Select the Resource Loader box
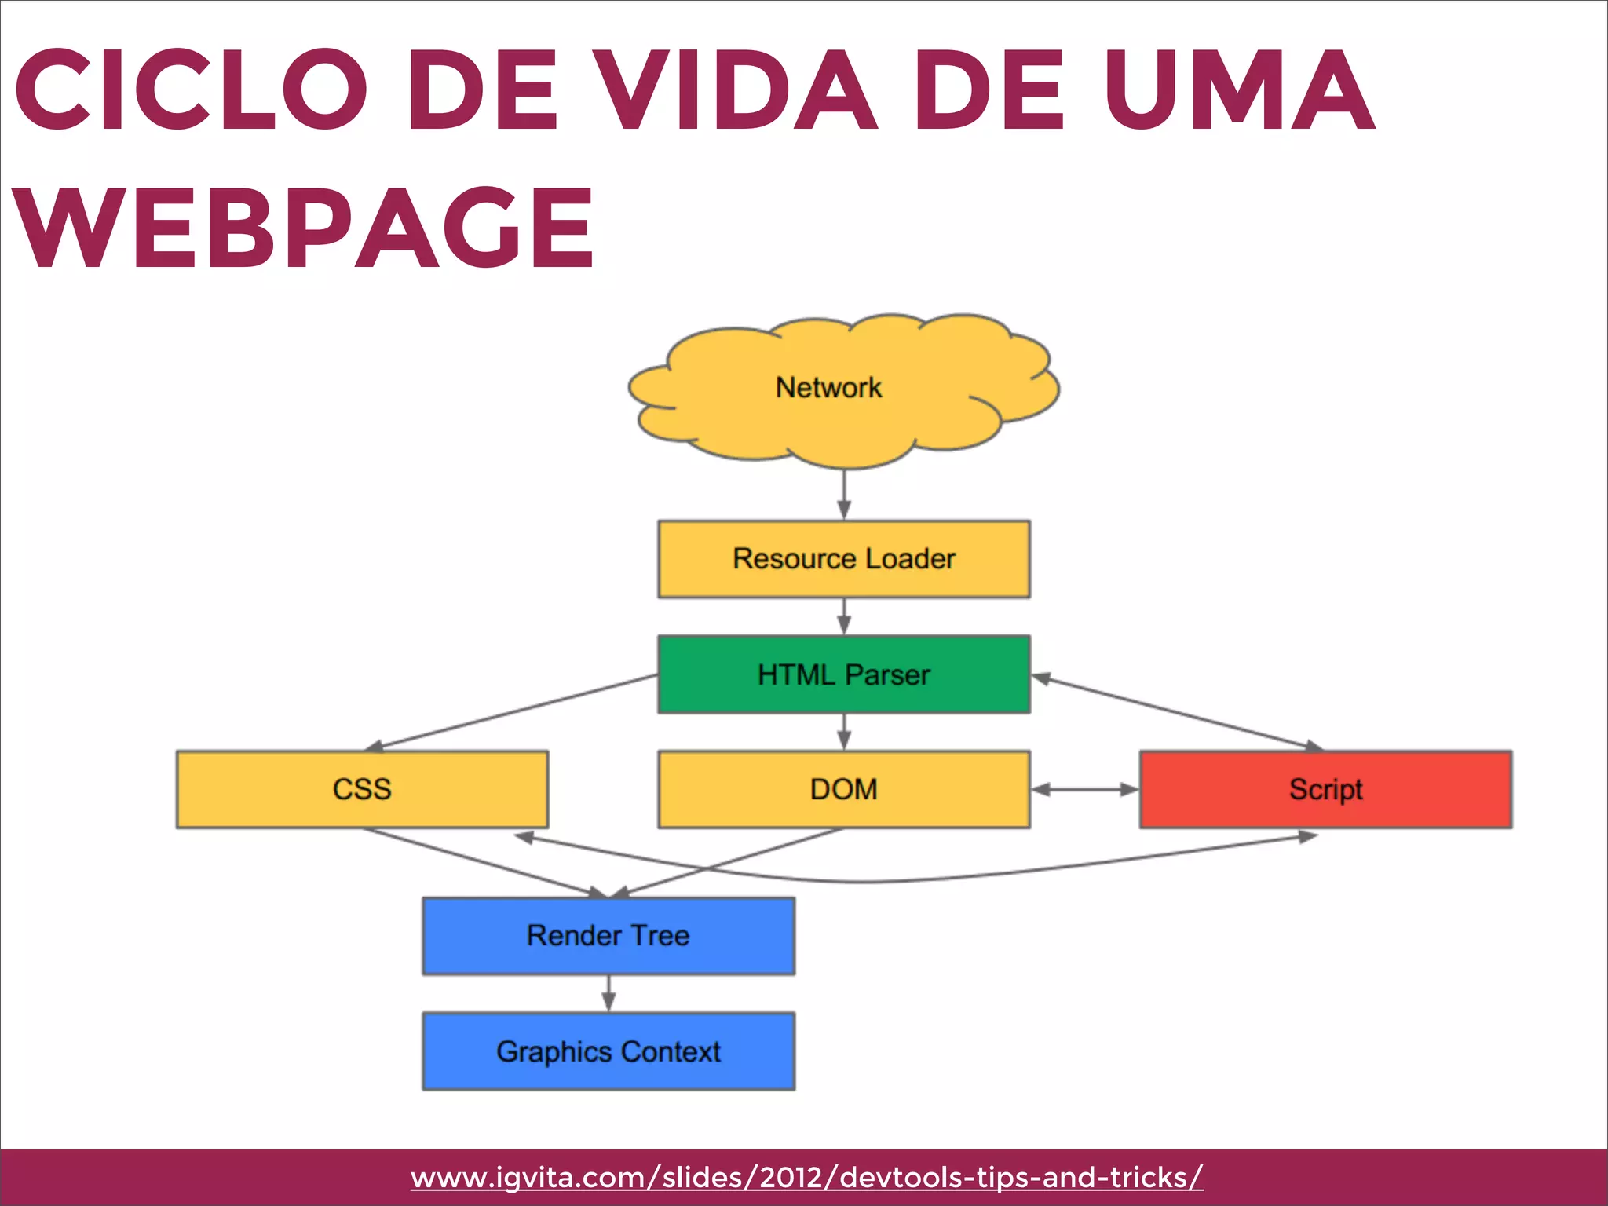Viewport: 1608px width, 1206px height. click(843, 559)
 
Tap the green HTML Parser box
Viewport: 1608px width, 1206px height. click(843, 674)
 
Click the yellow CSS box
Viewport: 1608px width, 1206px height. click(362, 789)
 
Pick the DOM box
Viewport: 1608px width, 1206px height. click(843, 789)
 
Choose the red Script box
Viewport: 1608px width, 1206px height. click(1325, 789)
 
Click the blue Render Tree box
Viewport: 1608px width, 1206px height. click(608, 936)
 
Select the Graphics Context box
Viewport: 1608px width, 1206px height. click(608, 1051)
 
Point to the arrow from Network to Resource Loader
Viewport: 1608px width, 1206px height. click(844, 495)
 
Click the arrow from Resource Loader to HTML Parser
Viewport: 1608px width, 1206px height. click(844, 616)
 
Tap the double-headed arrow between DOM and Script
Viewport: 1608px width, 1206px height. click(1084, 790)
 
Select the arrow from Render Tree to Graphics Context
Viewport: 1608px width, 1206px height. click(608, 993)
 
